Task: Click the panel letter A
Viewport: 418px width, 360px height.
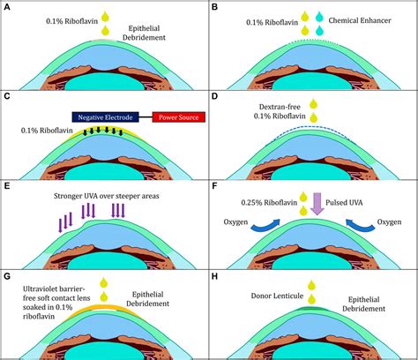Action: point(7,7)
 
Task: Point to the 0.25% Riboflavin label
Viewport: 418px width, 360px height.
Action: point(265,202)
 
